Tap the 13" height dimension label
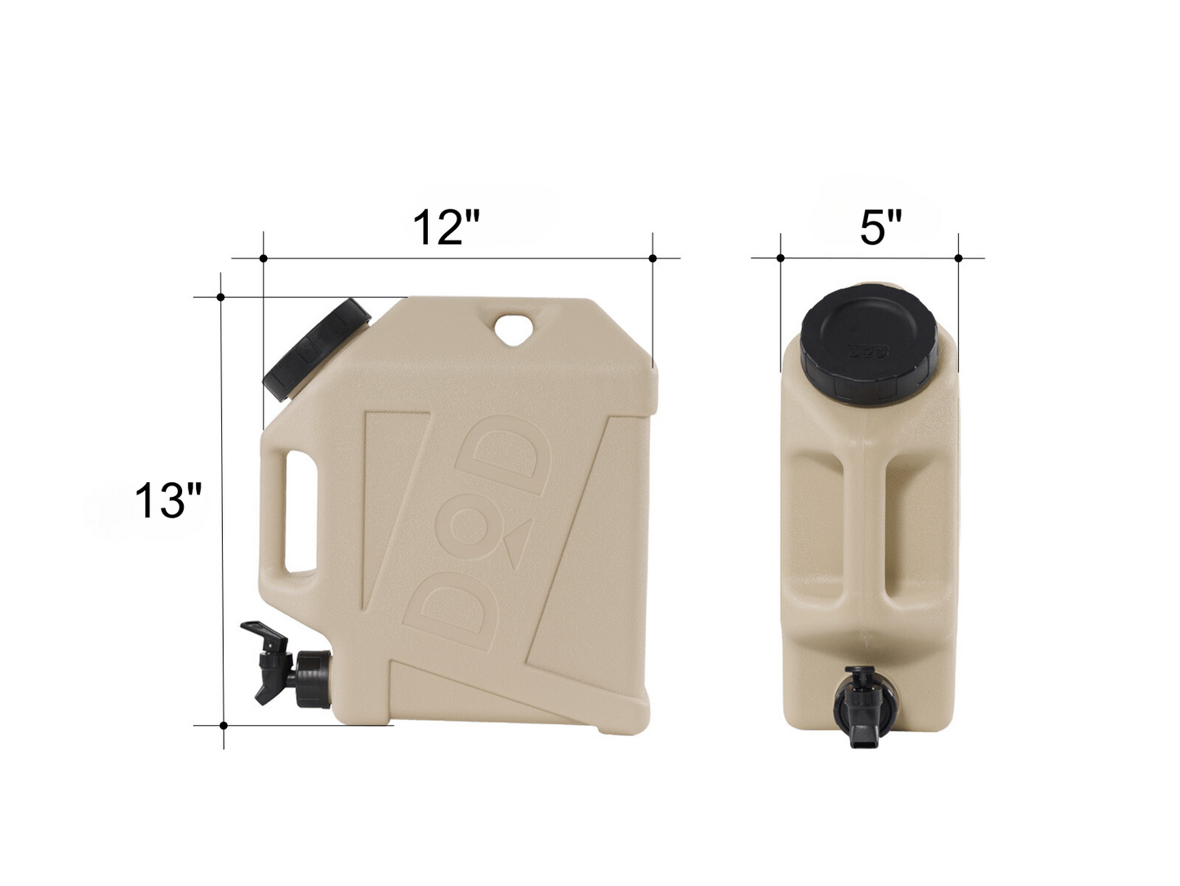pos(167,500)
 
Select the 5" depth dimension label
pos(880,226)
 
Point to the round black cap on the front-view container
pos(869,344)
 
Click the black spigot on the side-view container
pos(290,664)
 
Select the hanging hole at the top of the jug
pos(514,328)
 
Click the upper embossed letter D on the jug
pos(504,454)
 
